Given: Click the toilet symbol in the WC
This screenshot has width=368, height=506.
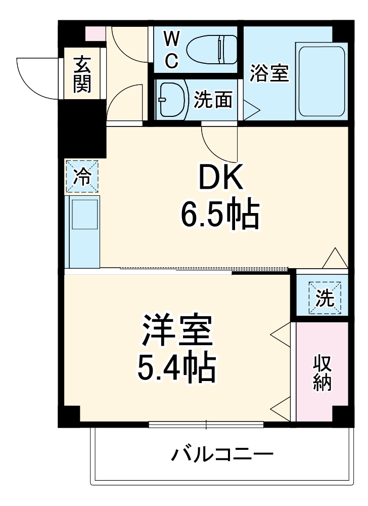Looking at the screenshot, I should tap(212, 50).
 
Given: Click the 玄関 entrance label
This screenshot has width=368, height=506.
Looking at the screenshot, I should tap(82, 75).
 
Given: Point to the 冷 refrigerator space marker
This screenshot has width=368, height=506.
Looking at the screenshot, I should tap(82, 176).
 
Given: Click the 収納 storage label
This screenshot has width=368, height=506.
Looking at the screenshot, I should tap(323, 373).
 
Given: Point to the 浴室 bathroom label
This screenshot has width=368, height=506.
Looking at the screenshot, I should tap(269, 74).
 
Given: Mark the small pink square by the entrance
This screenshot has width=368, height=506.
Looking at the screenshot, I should tap(95, 33).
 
